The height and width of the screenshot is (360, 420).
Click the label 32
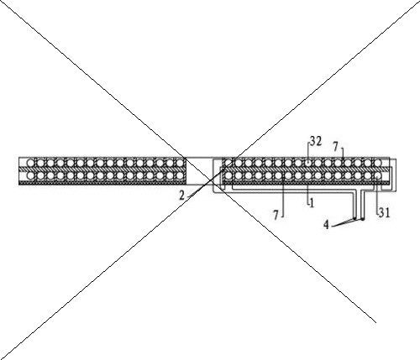coord(316,142)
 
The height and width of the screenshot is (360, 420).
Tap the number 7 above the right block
coord(336,147)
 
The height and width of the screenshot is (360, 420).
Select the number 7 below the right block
coord(276,215)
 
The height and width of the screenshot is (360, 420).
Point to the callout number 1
coord(312,203)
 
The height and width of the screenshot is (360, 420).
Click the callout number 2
coord(182,196)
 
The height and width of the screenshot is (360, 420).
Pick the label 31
coord(385,213)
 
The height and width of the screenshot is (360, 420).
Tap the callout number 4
coord(326,225)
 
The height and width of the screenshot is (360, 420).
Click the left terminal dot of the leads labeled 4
coord(354,218)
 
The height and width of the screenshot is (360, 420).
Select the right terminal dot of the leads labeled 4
coord(362,219)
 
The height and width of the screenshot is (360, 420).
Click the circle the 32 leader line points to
coord(308,162)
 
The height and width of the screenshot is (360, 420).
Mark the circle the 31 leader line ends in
coord(378,175)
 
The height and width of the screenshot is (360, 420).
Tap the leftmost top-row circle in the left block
coord(30,163)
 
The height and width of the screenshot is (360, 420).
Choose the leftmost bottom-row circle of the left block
coord(30,175)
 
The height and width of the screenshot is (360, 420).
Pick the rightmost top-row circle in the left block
coord(180,163)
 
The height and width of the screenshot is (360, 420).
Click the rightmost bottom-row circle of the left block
coord(180,175)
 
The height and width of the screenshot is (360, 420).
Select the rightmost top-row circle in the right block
coord(378,162)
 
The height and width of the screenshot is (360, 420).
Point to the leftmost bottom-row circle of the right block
coord(228,175)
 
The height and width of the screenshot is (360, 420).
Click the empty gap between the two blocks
coord(200,170)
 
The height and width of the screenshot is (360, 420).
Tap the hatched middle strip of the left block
coord(102,170)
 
